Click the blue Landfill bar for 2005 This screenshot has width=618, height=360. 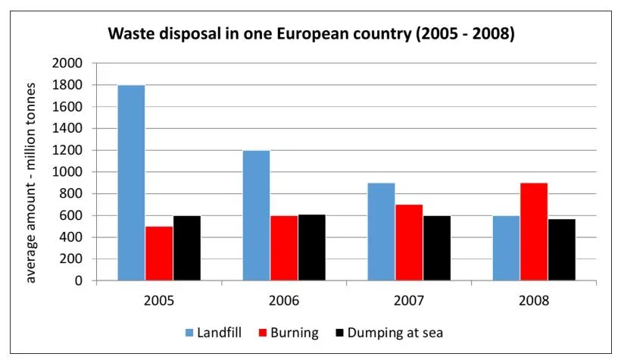131,183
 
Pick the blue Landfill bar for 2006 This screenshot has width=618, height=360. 256,215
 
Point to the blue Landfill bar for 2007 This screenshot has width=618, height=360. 381,232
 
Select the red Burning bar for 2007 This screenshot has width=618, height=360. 409,243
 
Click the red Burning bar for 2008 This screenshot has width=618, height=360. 534,232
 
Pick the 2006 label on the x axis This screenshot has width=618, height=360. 284,299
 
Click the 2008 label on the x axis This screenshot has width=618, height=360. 534,299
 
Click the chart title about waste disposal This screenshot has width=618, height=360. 311,34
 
